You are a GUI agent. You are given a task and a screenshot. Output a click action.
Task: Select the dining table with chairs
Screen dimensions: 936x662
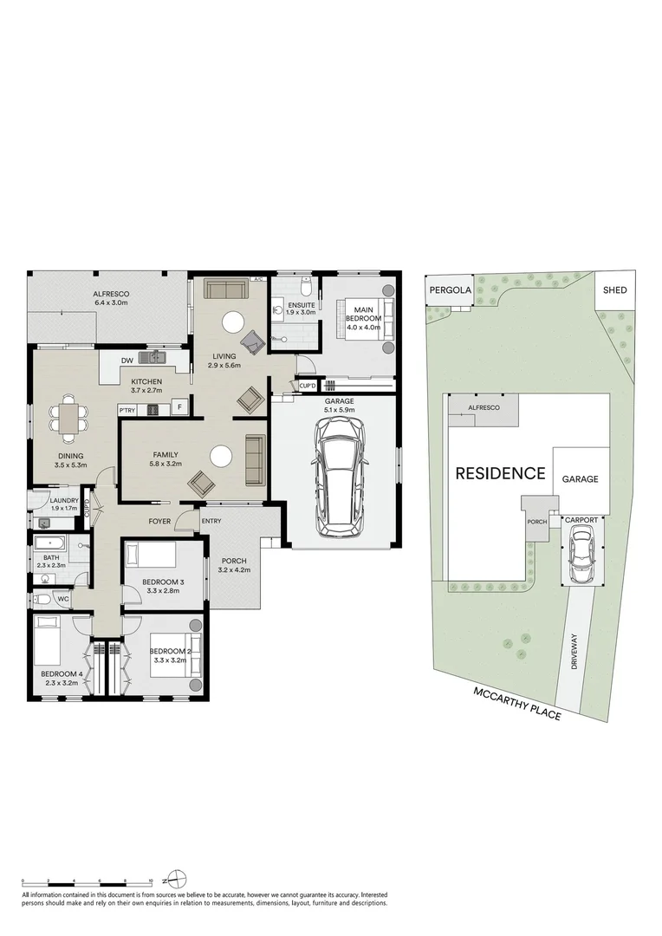click(68, 419)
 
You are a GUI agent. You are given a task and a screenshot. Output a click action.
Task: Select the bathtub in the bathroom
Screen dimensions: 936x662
click(52, 545)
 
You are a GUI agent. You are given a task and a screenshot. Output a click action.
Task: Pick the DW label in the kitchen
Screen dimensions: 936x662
click(127, 361)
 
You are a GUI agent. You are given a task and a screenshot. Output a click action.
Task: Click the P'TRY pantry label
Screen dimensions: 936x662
click(127, 410)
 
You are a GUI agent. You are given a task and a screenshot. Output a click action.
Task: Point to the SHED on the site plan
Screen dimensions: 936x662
click(614, 291)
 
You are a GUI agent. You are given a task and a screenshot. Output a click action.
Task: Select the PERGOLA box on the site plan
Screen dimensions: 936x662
click(449, 291)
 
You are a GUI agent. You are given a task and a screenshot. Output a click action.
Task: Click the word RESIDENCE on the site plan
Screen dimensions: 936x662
click(500, 473)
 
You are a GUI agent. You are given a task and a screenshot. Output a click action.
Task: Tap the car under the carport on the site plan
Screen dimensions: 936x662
click(580, 556)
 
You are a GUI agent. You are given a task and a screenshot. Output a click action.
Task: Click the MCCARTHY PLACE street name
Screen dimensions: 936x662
click(517, 703)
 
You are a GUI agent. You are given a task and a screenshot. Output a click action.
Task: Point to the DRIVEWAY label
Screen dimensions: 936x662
click(573, 653)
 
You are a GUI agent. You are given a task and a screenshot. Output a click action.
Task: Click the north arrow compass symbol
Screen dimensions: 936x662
click(177, 878)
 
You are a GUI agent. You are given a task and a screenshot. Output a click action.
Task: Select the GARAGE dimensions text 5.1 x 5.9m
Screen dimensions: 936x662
click(339, 410)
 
